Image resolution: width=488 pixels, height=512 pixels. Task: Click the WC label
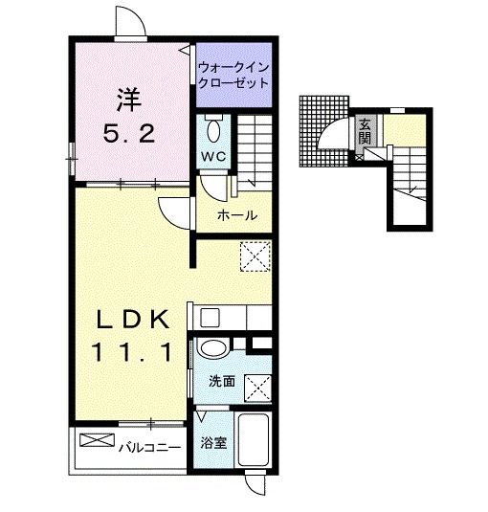coord(213,157)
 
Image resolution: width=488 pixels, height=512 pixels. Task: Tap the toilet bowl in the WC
coord(213,129)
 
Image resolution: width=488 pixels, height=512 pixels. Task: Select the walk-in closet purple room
coord(233,75)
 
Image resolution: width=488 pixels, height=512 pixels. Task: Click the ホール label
coord(237,215)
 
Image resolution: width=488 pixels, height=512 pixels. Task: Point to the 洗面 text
coord(222,381)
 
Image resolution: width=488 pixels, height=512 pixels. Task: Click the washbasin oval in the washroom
coord(213,348)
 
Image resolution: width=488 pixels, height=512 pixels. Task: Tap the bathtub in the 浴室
coord(254,439)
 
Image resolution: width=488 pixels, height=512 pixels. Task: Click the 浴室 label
coord(213,443)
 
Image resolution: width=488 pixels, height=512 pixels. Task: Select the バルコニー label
coord(149,447)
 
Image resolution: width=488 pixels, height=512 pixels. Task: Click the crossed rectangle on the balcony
coord(98,440)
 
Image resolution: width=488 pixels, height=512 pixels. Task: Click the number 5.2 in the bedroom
coord(129,134)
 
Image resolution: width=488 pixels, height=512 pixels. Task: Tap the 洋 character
coord(128,100)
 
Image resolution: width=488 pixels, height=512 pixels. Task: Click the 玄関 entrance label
coord(365,132)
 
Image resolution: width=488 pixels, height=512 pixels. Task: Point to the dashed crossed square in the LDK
coord(255,256)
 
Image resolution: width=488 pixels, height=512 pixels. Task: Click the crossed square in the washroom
coord(257,388)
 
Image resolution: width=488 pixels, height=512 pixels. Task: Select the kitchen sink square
coord(210,318)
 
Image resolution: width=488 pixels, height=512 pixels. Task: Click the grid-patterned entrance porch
coord(323,131)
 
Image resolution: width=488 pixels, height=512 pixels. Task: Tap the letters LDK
coord(133,319)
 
